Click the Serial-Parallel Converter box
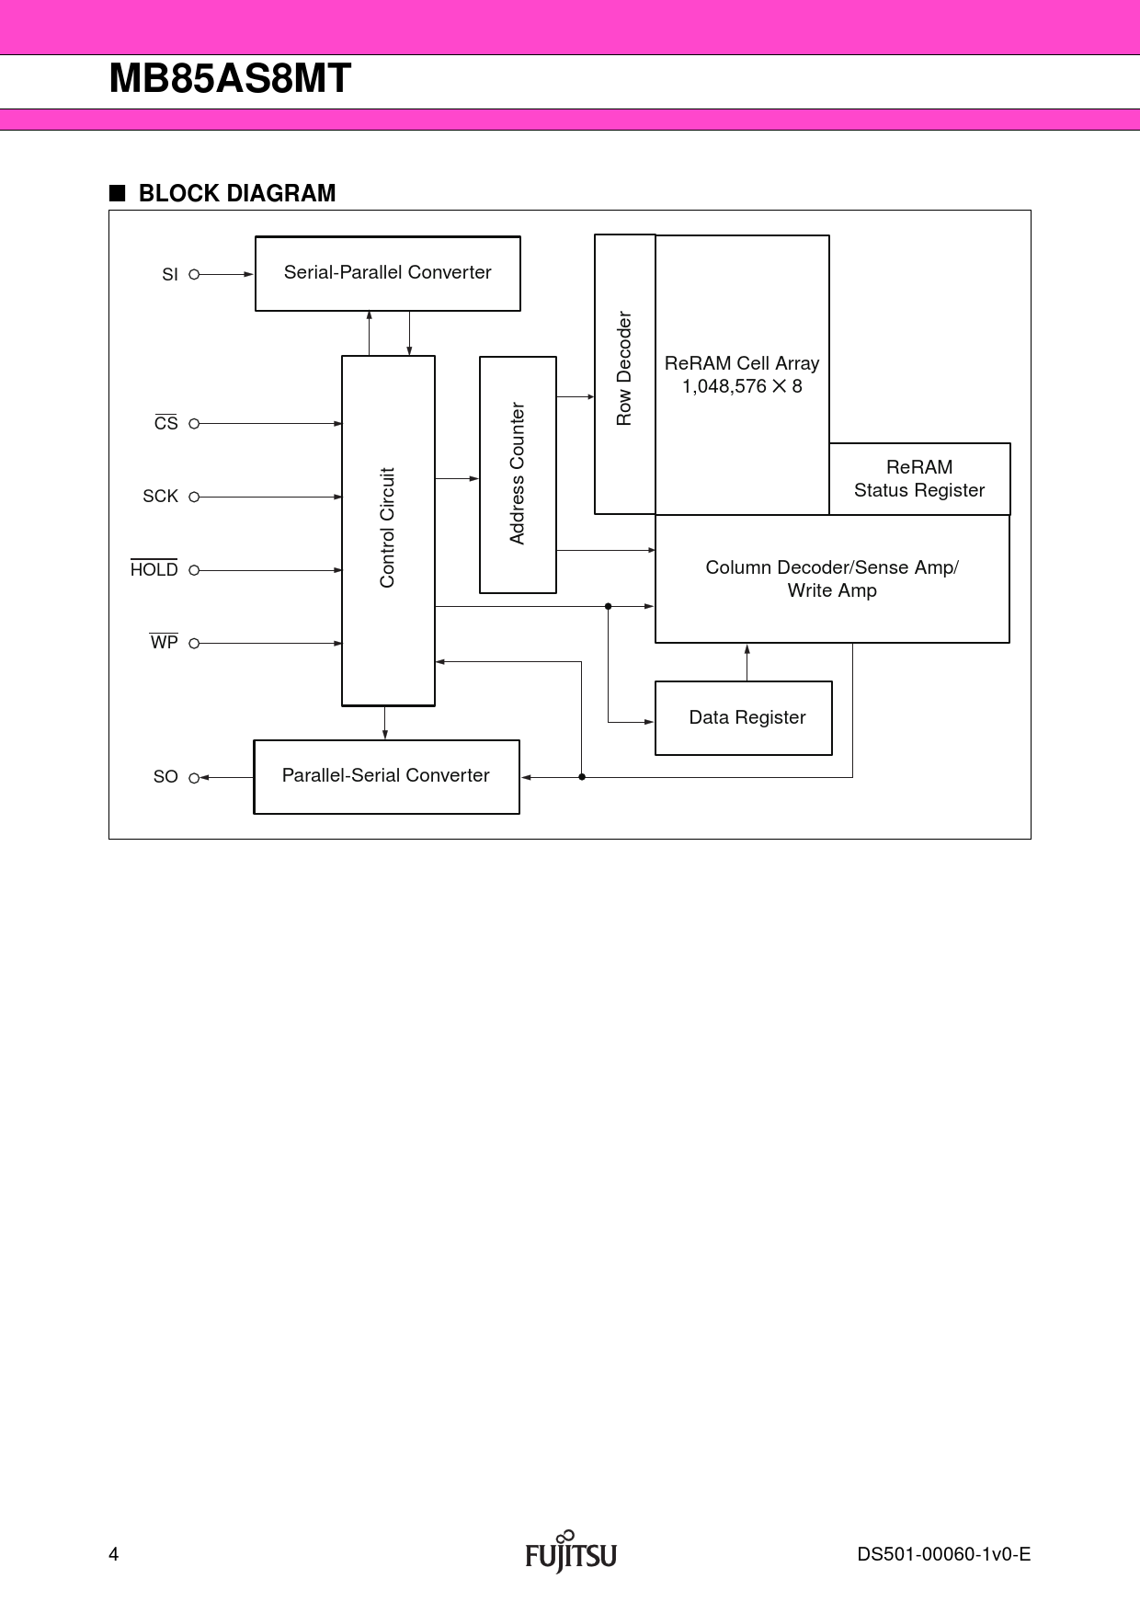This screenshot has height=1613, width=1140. (387, 273)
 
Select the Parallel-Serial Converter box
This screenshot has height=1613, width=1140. (386, 776)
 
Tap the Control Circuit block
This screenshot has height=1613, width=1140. (388, 530)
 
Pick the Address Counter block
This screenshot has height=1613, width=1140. (518, 475)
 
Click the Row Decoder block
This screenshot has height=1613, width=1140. (624, 373)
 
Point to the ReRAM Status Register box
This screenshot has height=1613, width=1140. (919, 479)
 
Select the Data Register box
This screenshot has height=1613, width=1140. (744, 718)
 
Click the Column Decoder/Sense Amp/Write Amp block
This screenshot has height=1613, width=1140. (832, 578)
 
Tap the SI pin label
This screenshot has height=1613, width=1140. (170, 275)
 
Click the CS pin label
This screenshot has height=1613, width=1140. (166, 423)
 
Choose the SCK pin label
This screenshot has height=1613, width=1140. (160, 497)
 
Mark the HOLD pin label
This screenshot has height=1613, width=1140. (154, 570)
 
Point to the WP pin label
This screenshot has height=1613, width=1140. (165, 643)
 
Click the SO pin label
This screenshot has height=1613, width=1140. (165, 777)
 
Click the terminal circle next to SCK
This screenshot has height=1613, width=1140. (194, 497)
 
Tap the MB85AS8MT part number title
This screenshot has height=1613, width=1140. (230, 79)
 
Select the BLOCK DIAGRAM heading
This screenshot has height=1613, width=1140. (236, 193)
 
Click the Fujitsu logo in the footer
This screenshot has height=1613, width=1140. (571, 1553)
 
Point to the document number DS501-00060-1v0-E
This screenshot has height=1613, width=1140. (943, 1554)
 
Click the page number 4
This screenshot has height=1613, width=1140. (114, 1554)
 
